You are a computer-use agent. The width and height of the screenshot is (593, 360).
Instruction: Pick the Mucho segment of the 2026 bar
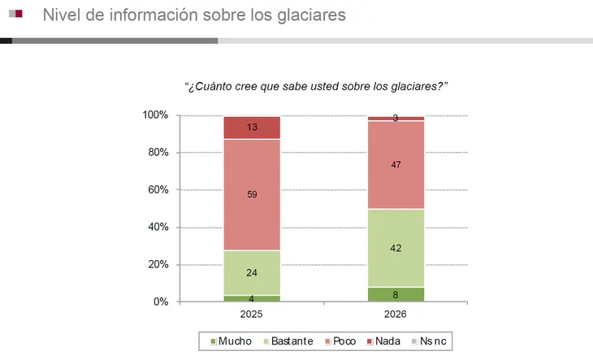[x=396, y=294]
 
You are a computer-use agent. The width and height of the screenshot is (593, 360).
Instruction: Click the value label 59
[x=252, y=194]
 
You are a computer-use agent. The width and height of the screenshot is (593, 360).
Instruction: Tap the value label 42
[x=396, y=249]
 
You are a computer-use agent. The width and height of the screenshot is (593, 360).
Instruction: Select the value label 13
[x=252, y=128]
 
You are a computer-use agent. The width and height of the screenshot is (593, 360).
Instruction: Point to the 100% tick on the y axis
[x=155, y=115]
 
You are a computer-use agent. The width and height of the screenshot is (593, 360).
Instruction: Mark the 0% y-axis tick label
[x=161, y=302]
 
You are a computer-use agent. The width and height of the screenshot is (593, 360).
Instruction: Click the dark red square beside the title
[x=18, y=14]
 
